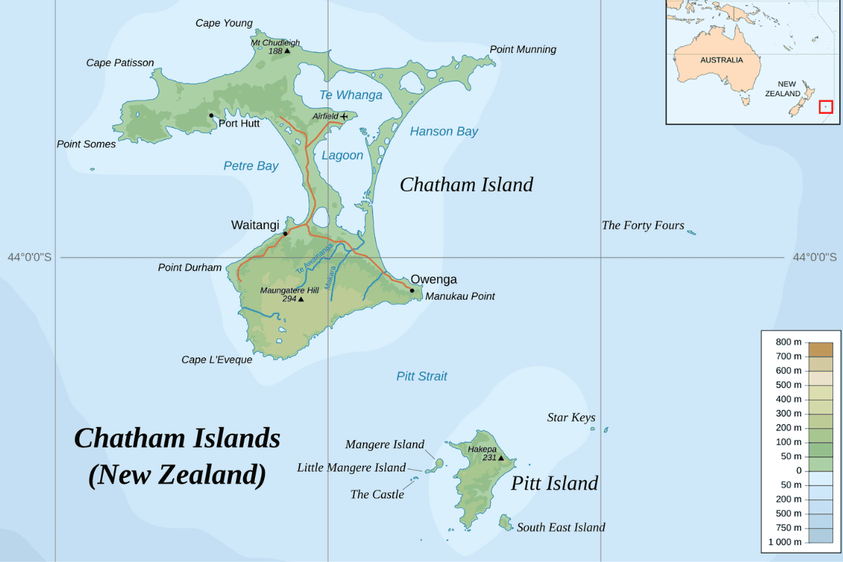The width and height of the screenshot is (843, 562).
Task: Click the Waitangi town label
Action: click(x=255, y=225)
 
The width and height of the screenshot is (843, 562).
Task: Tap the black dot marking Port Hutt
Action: click(x=211, y=115)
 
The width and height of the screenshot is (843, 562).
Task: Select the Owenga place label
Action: click(x=433, y=280)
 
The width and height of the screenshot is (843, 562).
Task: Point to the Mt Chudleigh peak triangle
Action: click(x=287, y=51)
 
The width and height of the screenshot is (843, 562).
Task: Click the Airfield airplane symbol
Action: click(x=344, y=116)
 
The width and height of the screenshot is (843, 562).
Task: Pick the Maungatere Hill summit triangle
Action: click(x=301, y=299)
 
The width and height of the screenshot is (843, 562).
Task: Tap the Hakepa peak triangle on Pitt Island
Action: click(x=501, y=458)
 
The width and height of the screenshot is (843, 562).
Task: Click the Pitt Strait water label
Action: click(x=421, y=376)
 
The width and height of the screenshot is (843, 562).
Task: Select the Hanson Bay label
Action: click(x=444, y=131)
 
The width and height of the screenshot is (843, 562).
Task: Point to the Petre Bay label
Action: click(x=251, y=166)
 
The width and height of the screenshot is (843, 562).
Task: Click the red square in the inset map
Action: click(x=826, y=107)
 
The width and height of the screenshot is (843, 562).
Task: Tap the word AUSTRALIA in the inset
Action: click(x=721, y=60)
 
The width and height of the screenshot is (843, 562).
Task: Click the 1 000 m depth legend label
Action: click(x=785, y=542)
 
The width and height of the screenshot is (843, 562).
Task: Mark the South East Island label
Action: click(x=561, y=528)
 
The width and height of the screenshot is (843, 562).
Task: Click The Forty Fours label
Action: click(x=643, y=226)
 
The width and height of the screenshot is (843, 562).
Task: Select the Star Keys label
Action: click(x=571, y=418)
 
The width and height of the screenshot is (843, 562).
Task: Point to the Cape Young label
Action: click(x=223, y=23)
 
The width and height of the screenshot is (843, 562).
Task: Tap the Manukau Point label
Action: click(x=460, y=296)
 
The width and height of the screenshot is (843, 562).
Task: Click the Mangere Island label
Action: click(x=384, y=445)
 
